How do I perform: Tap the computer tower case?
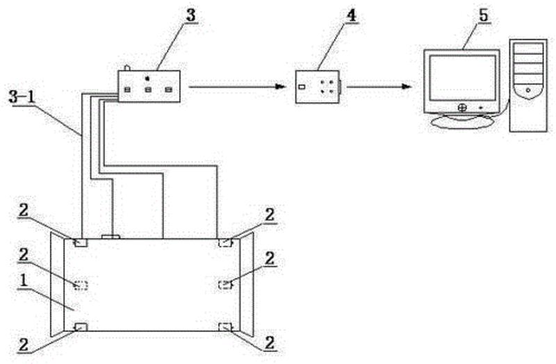tap(528, 83)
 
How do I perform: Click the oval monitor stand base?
tap(462, 121)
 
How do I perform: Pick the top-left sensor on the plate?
tap(81, 242)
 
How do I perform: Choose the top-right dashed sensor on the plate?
tap(226, 242)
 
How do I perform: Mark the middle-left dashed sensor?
tap(81, 285)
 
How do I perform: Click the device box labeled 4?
tap(317, 87)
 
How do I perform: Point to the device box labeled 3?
tap(149, 86)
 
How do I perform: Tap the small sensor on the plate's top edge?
tap(111, 238)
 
